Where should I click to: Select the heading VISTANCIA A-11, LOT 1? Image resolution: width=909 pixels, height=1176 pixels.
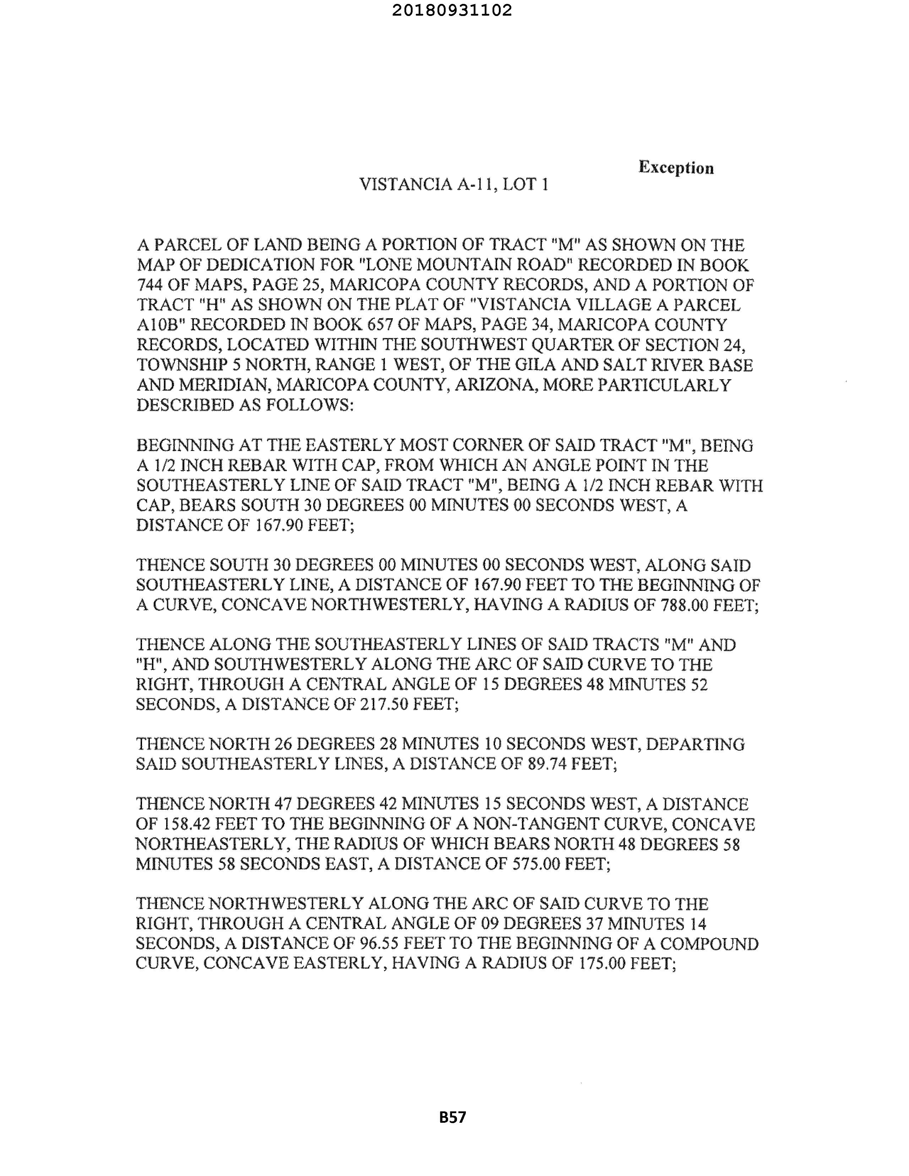pos(453,185)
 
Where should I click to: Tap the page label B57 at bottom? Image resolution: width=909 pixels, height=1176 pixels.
pos(452,1117)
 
